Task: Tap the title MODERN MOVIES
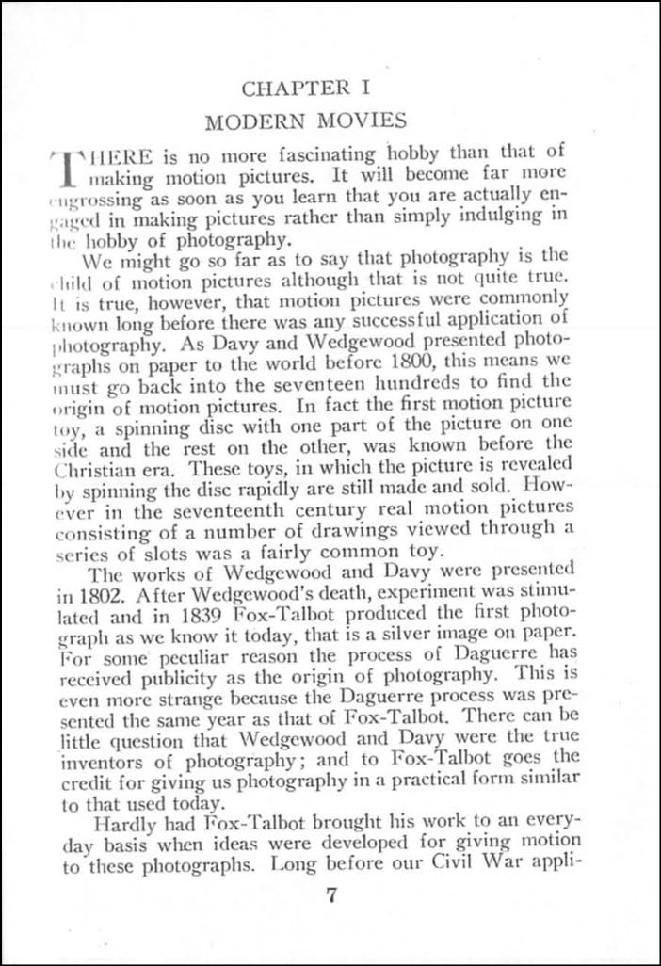(x=307, y=121)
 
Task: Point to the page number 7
(x=330, y=895)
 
